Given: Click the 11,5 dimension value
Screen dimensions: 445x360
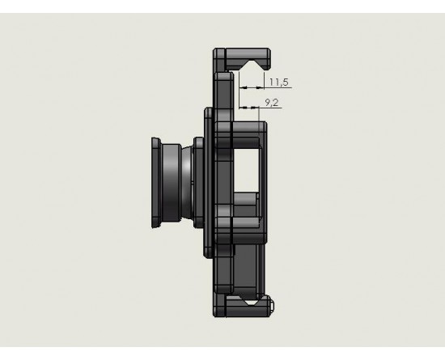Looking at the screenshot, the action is point(278,83).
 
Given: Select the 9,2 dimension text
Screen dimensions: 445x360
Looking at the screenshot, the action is point(272,103).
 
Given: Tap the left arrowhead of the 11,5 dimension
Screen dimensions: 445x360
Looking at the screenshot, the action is point(244,87).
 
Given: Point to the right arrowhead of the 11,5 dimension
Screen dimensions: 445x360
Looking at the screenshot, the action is point(260,87).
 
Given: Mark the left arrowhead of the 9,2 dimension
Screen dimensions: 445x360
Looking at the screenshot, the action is point(244,108).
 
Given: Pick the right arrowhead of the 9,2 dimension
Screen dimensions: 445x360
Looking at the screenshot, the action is point(255,108).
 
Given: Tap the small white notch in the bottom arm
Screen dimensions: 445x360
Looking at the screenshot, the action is point(251,303).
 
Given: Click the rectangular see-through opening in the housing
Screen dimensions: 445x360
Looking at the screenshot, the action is point(246,170).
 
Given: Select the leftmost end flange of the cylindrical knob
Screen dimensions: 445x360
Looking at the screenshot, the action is point(156,183).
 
